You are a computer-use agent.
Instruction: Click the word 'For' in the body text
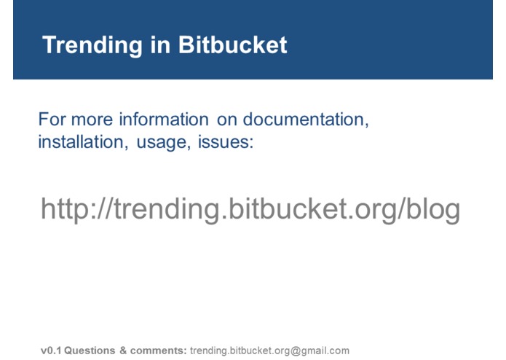(x=50, y=119)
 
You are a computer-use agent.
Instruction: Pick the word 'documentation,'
(x=306, y=119)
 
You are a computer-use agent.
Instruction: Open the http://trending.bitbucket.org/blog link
(x=250, y=209)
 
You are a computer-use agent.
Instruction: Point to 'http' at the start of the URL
(x=65, y=209)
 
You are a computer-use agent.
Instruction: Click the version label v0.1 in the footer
(x=50, y=351)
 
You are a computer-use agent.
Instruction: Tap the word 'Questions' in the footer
(x=90, y=351)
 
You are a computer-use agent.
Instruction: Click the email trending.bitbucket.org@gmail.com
(x=269, y=351)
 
